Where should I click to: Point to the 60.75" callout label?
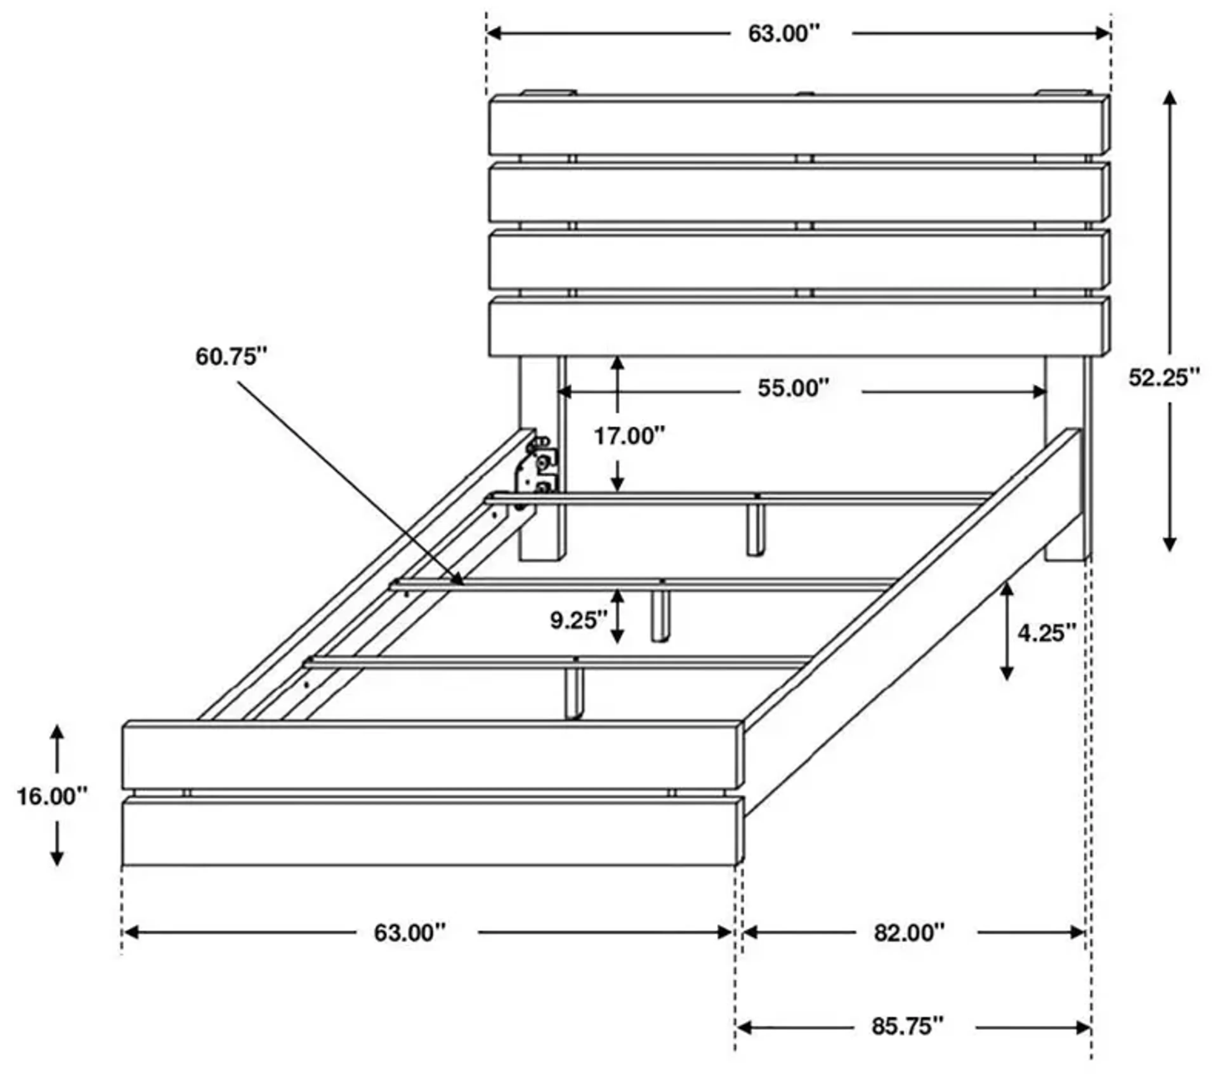coord(231,357)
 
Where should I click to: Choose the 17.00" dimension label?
coord(629,436)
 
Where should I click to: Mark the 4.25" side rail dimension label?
coord(1047,633)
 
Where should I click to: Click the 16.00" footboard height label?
coord(52,796)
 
